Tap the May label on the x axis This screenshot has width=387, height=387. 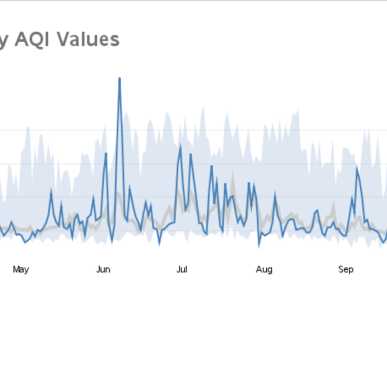21,270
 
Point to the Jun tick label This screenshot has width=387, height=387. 103,270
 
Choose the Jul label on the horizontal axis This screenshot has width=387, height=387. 182,270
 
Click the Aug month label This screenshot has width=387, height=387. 264,270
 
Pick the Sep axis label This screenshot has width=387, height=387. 346,270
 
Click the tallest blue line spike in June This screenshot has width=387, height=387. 120,78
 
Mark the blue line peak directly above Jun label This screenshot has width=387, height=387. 106,153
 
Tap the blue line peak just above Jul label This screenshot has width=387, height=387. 180,147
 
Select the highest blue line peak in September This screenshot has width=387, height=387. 357,167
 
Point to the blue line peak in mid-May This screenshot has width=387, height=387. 51,190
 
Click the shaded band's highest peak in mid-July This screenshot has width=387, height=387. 203,108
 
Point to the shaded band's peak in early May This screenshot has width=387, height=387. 27,128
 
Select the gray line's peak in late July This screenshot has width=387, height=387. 232,174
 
